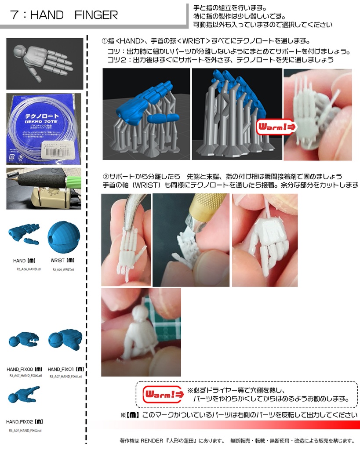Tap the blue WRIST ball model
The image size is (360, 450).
(63, 236)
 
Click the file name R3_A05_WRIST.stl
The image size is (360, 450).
(63, 269)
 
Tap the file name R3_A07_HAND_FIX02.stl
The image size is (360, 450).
(25, 431)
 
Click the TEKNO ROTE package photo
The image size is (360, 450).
(44, 128)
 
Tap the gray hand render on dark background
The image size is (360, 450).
(44, 62)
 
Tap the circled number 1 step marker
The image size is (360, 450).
(105, 41)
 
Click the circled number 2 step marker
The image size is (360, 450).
(105, 177)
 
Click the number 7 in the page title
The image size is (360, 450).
(15, 15)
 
